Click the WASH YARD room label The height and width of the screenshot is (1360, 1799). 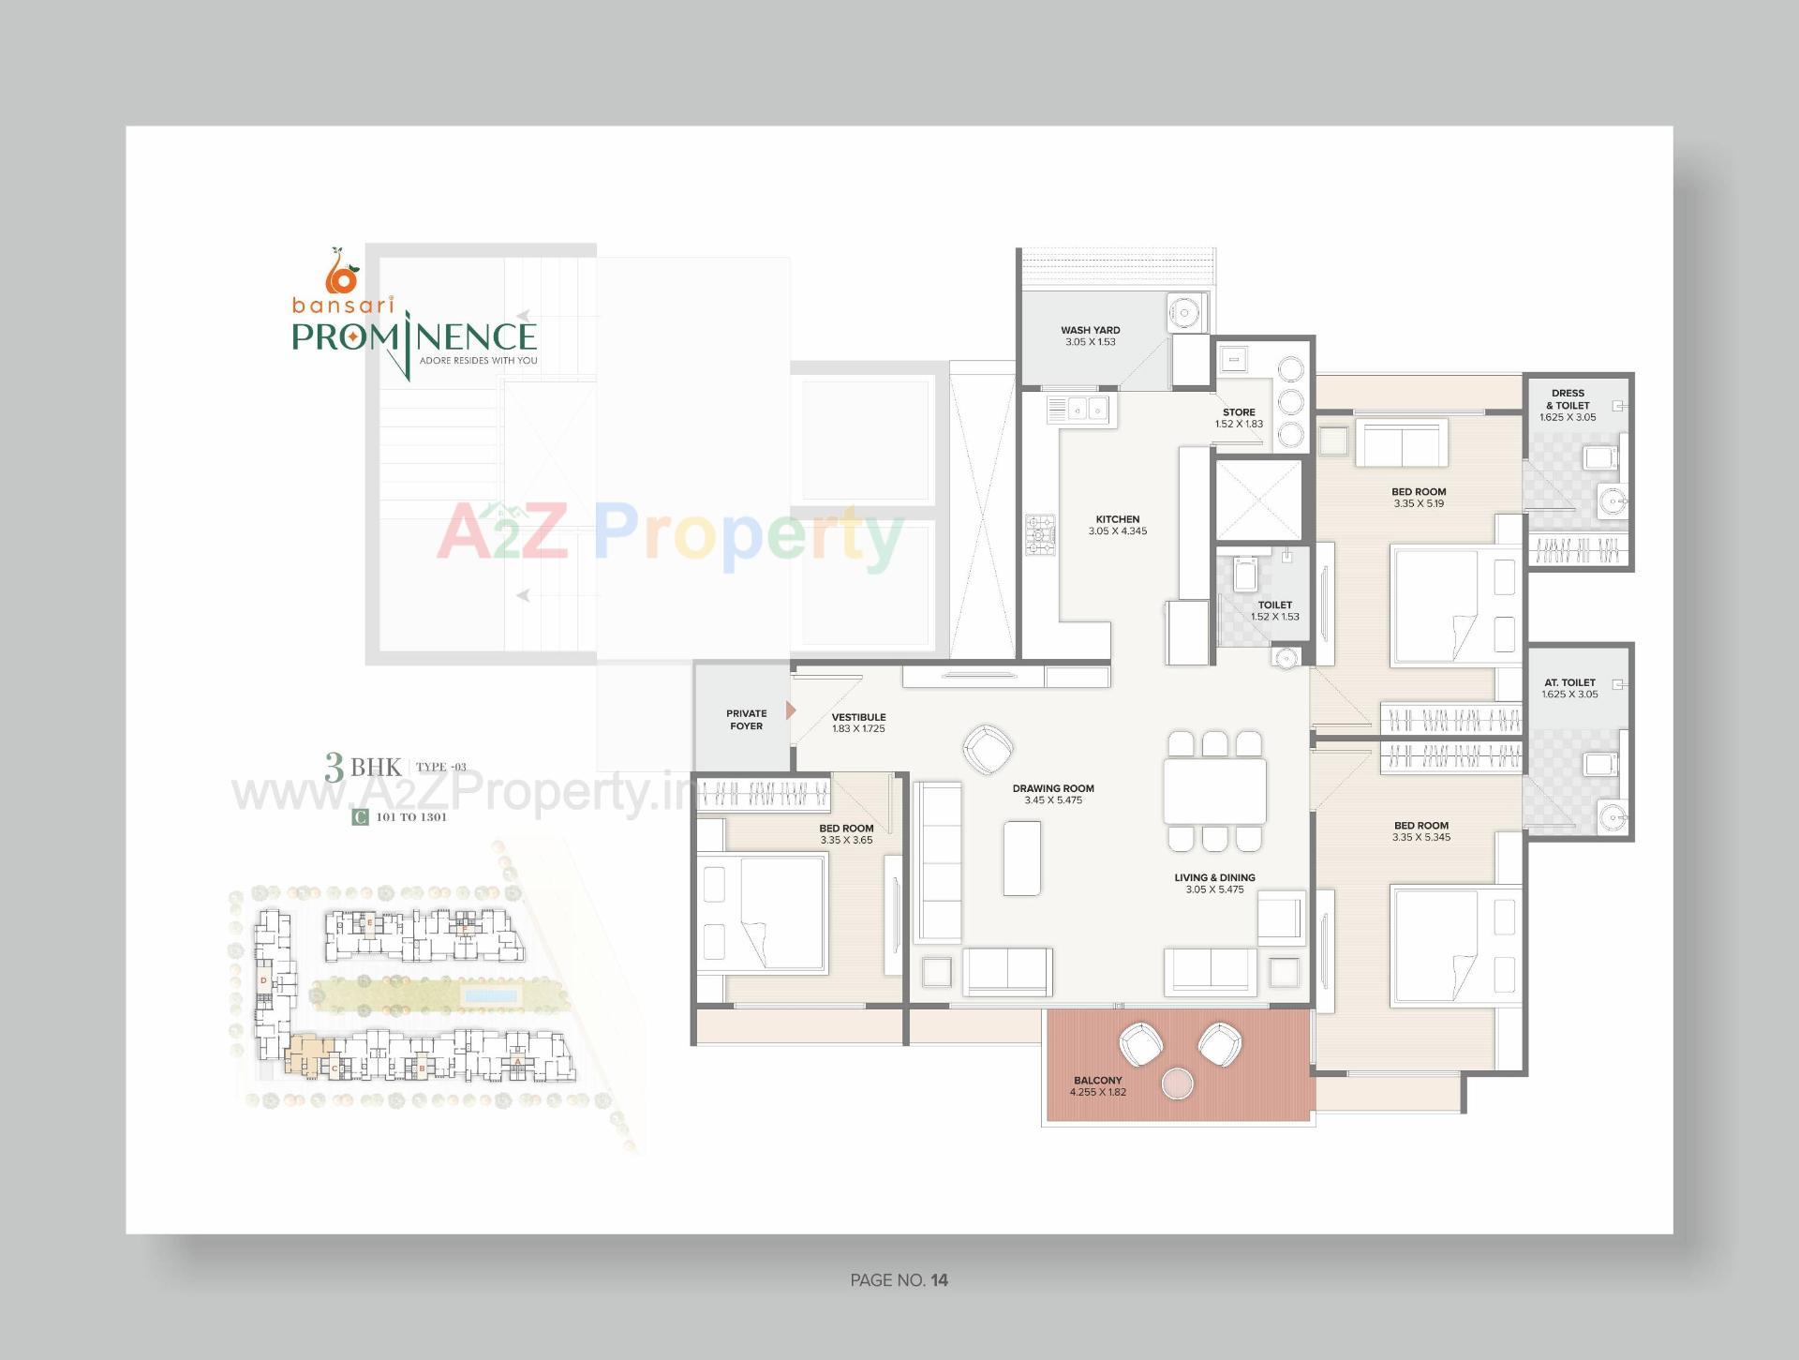(1090, 330)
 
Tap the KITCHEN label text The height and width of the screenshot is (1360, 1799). (1118, 519)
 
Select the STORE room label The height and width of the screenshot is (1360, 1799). (1239, 412)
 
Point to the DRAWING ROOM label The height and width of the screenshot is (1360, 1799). (1053, 788)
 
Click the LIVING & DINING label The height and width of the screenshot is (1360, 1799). (1214, 878)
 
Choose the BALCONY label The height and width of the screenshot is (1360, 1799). (1098, 1081)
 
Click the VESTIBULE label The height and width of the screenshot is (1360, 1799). (858, 717)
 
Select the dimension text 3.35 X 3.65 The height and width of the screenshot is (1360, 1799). (846, 841)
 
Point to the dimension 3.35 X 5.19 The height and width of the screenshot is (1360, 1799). (1419, 504)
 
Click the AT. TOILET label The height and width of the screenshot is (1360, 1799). (1569, 682)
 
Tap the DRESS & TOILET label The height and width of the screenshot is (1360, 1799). (1568, 399)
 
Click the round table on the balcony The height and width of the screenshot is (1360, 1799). (1177, 1084)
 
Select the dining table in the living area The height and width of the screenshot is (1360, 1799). (1214, 791)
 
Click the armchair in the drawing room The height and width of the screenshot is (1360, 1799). (988, 748)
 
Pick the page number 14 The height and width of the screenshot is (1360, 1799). (940, 1280)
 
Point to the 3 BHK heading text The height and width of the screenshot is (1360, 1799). (363, 767)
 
